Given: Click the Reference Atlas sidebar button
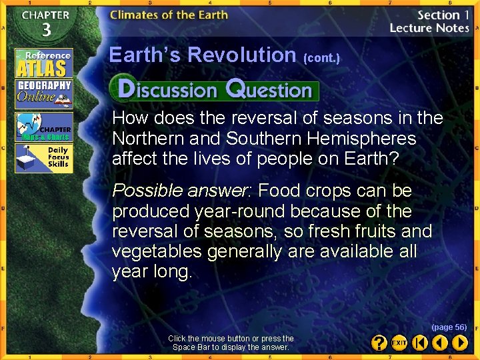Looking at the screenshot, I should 44,63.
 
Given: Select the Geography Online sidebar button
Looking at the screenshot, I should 44,94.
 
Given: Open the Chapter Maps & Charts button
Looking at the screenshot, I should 44,127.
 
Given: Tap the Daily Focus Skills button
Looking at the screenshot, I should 44,158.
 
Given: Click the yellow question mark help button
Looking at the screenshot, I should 379,343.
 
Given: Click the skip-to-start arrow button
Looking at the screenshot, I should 419,343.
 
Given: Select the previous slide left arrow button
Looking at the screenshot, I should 439,343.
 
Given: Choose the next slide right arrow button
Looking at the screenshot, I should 460,343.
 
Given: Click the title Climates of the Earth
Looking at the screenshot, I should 169,15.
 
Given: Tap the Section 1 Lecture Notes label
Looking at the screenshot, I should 429,21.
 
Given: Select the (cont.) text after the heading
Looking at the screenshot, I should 321,58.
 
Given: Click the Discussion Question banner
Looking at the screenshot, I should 214,89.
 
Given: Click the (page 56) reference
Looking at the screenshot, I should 449,327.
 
